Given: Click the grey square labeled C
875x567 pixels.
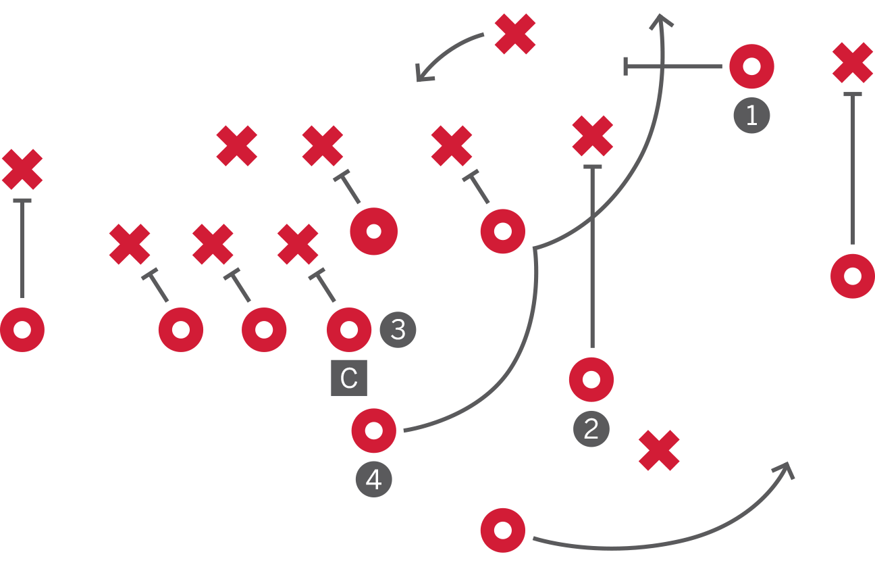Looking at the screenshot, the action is (x=349, y=378).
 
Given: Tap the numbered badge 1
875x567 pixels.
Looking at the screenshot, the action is (x=751, y=116).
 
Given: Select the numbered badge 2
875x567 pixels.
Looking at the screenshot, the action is (x=591, y=428).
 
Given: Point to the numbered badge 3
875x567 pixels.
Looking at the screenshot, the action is (x=398, y=330).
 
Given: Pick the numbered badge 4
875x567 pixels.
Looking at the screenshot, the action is (x=374, y=479).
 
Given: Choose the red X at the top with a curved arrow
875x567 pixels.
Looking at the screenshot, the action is (x=515, y=34).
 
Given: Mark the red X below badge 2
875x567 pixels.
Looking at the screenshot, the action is (x=659, y=451).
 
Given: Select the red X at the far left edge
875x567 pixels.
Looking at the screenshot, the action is (x=22, y=170).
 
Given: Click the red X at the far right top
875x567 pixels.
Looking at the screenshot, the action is (x=853, y=63).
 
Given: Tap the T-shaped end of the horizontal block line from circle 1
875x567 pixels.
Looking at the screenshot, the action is (x=625, y=66).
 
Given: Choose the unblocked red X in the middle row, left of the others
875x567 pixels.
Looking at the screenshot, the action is (x=237, y=146).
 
